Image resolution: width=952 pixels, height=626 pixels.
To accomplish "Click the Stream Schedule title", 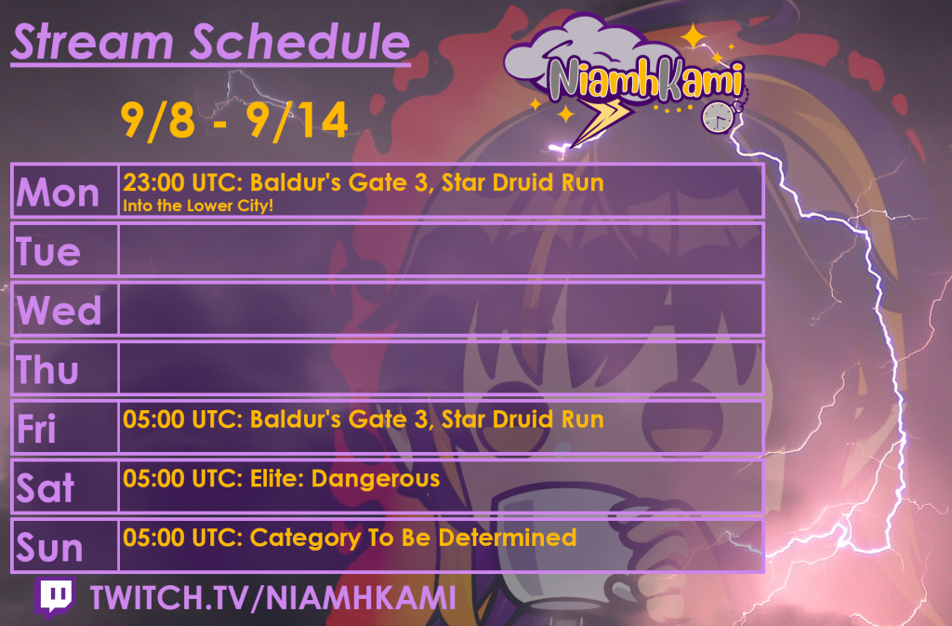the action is (211, 43).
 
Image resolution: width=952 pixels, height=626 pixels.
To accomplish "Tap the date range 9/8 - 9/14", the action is (234, 121).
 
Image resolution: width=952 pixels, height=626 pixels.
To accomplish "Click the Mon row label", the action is (58, 193).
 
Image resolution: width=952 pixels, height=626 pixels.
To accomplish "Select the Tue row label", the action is (48, 251).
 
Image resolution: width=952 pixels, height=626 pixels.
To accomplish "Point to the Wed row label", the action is (59, 311).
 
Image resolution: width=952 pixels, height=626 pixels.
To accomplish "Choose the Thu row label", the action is (47, 369).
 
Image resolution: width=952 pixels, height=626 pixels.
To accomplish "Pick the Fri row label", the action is (36, 428).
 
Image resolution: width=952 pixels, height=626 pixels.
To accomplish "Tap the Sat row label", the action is (46, 487).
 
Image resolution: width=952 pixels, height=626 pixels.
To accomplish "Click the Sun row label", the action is (50, 547).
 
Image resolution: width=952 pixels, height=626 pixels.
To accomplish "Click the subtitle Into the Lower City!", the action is (198, 206).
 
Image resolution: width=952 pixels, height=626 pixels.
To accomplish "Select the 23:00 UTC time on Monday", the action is (182, 182).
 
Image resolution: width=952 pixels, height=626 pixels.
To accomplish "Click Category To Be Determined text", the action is (413, 538).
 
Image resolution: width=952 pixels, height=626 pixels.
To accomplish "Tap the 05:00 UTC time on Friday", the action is (182, 420).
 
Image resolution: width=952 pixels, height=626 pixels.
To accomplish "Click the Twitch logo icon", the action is (55, 597).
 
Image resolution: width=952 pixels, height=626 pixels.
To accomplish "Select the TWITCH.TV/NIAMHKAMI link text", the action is (273, 597).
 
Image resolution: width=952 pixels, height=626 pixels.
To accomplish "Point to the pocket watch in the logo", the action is (719, 116).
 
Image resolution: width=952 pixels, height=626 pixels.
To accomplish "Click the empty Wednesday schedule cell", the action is (441, 309).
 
